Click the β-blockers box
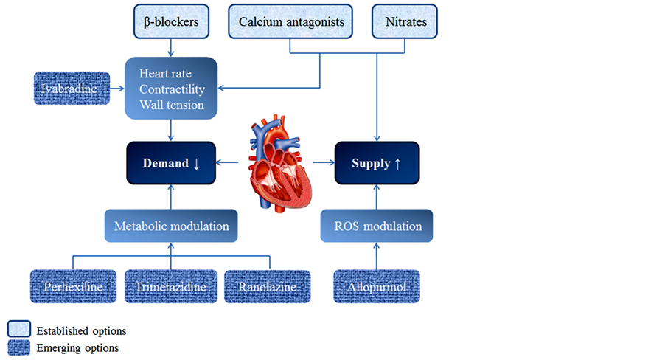coord(171,21)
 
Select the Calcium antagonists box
coord(291,21)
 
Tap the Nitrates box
coord(405,21)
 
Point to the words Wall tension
coord(171,105)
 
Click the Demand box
coord(171,163)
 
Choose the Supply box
coord(377,163)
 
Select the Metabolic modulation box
coord(171,226)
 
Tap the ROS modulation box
coord(377,226)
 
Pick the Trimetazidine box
coord(170,286)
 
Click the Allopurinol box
coord(377,286)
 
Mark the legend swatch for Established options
coord(18,329)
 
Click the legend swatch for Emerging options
coord(18,347)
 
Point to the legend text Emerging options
coord(77,347)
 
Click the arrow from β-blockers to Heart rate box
coord(171,47)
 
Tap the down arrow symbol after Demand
coord(196,164)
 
